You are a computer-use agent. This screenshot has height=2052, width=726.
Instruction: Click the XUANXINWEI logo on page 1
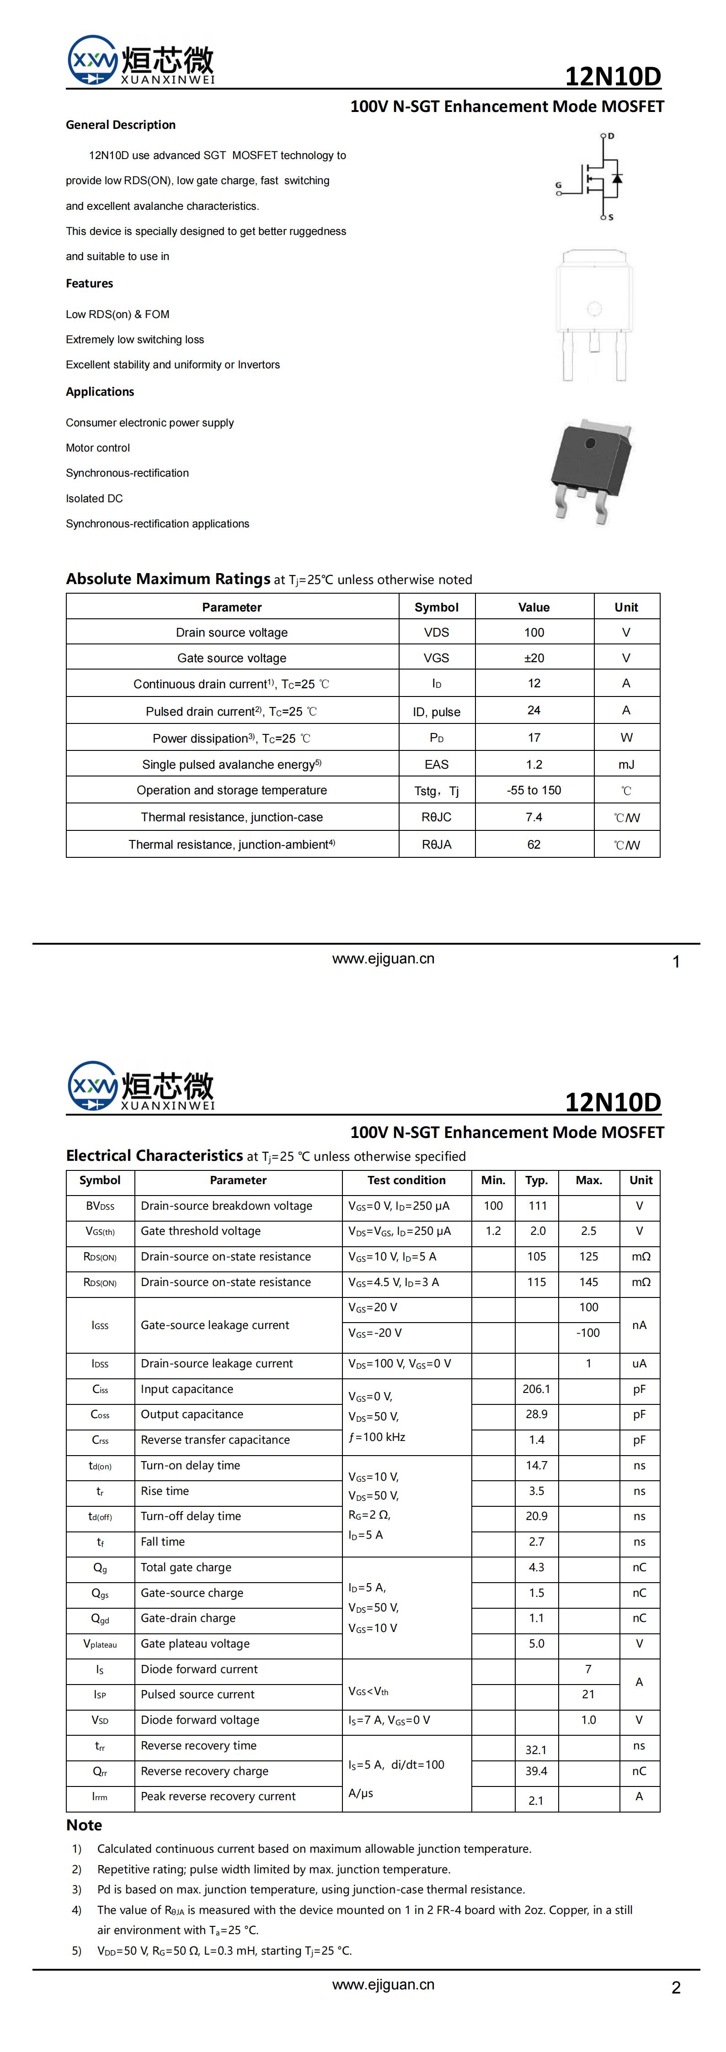coord(140,60)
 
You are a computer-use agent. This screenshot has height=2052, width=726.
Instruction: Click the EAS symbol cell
coord(437,765)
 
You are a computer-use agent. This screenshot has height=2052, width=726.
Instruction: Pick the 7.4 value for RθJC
coord(534,817)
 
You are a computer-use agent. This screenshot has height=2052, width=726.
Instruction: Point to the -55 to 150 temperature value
coord(534,790)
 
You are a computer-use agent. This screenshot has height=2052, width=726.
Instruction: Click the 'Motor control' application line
coord(98,448)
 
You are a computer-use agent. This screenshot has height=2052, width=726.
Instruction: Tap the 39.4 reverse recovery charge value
coord(536,1771)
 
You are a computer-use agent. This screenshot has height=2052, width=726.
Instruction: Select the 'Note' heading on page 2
coord(85,1825)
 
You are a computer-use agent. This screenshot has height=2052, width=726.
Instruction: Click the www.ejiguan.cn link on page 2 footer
coord(383,1984)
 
